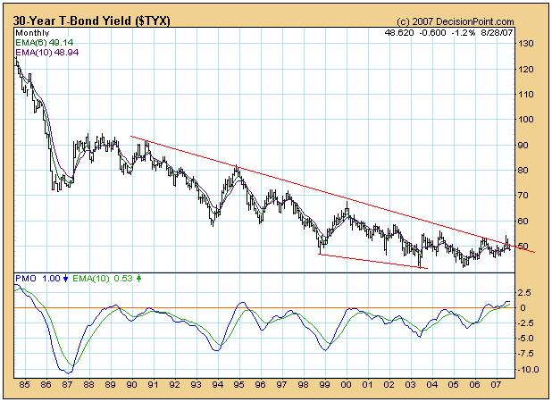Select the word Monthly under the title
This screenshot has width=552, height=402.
click(x=31, y=31)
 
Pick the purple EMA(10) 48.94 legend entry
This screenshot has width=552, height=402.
click(x=43, y=53)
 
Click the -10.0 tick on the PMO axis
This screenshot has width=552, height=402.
click(x=528, y=369)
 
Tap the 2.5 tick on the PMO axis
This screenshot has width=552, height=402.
click(x=525, y=291)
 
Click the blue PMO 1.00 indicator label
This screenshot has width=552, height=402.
click(x=38, y=279)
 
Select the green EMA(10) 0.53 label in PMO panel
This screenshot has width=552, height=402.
click(x=88, y=279)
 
